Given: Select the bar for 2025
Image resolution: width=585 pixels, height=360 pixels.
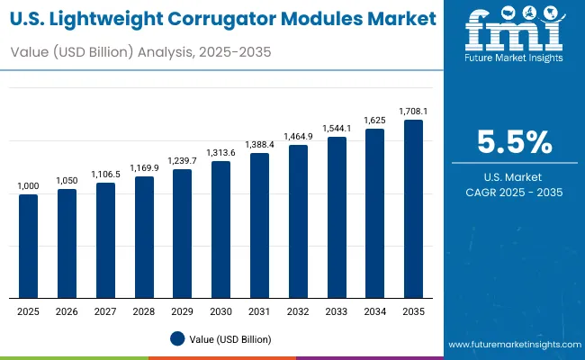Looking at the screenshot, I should pyautogui.click(x=29, y=246).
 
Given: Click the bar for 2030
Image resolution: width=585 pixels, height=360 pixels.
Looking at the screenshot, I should pyautogui.click(x=221, y=229).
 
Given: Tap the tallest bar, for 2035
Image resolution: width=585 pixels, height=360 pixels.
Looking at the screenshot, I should pyautogui.click(x=413, y=209).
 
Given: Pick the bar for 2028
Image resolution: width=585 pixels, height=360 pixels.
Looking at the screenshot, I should pyautogui.click(x=144, y=237).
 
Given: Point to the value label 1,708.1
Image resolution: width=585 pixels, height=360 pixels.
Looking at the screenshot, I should pyautogui.click(x=413, y=112).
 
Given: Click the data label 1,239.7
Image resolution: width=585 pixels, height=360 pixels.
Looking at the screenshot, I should pyautogui.click(x=183, y=161).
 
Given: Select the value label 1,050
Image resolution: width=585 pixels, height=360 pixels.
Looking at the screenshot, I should pyautogui.click(x=67, y=181).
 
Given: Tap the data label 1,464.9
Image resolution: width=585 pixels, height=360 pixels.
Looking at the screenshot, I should pyautogui.click(x=298, y=137).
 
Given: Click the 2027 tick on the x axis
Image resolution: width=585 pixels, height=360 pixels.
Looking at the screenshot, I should pyautogui.click(x=105, y=310).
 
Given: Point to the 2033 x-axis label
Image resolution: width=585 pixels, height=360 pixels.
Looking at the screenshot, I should pyautogui.click(x=337, y=310).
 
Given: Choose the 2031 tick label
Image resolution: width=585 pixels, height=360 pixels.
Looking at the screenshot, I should pyautogui.click(x=259, y=310).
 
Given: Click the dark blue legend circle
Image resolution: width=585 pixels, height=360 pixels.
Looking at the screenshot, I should pyautogui.click(x=177, y=339).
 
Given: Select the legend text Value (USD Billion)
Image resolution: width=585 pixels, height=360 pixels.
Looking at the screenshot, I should pyautogui.click(x=230, y=339).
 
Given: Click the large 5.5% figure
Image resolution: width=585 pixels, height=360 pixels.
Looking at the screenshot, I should pyautogui.click(x=514, y=143).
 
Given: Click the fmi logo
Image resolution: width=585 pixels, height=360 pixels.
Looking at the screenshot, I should pyautogui.click(x=514, y=36).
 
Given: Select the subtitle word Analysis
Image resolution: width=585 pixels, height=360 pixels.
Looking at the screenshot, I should pyautogui.click(x=165, y=52).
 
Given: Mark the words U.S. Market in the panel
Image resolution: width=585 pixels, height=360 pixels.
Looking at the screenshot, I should pyautogui.click(x=514, y=175).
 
